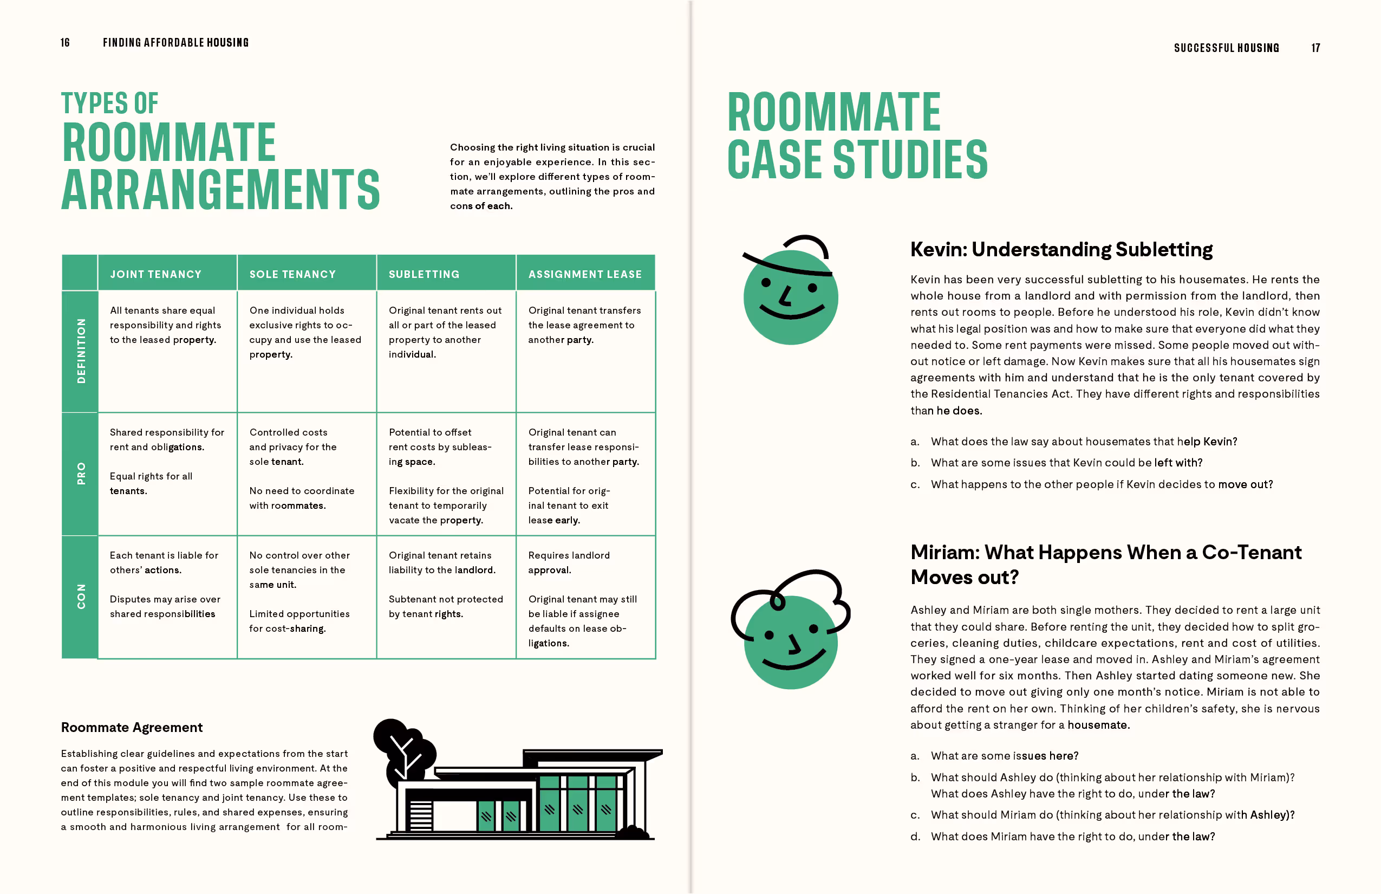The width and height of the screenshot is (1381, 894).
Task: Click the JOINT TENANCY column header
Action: click(155, 274)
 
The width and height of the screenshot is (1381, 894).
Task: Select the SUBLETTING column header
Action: click(424, 274)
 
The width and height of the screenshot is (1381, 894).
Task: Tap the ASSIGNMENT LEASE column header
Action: click(585, 274)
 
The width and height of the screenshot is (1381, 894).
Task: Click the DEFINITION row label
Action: click(81, 351)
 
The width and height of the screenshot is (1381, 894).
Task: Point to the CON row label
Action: click(81, 596)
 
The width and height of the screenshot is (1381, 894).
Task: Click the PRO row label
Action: click(81, 474)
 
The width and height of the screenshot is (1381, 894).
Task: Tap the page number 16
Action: click(65, 43)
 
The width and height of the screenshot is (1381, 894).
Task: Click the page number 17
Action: click(1315, 48)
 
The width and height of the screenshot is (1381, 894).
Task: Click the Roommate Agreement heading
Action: click(132, 727)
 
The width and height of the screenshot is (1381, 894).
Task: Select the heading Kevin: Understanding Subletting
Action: click(1061, 250)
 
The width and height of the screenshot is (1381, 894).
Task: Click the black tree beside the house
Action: click(403, 749)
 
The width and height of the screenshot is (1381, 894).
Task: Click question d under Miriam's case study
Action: click(1072, 837)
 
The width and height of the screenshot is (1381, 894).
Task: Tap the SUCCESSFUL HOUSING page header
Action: click(1226, 48)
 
